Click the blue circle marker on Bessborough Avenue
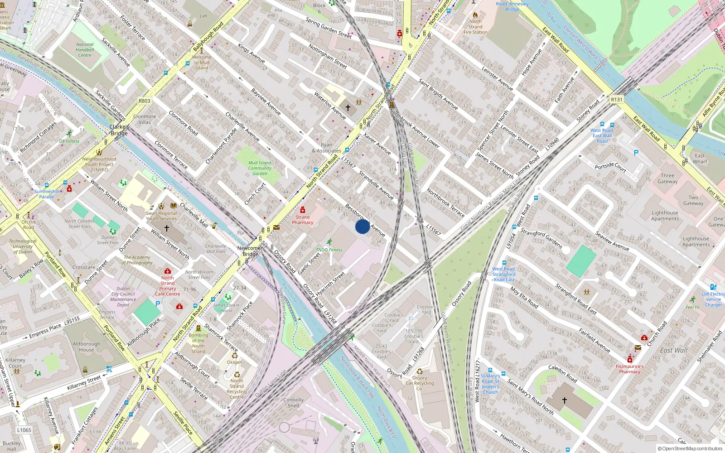(x=362, y=226)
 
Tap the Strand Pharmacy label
(x=302, y=220)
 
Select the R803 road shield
(x=145, y=101)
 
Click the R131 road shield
(x=616, y=100)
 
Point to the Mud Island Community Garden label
(x=260, y=168)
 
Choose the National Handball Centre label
(x=85, y=50)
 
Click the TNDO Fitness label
(x=329, y=250)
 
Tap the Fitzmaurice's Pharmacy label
(x=629, y=369)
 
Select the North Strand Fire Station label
(x=475, y=27)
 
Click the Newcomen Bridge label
(x=250, y=251)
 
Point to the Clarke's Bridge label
(x=119, y=130)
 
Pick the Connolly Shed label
(x=294, y=403)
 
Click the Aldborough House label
(x=87, y=347)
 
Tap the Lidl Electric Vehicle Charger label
(x=713, y=299)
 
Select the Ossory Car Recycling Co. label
(x=420, y=383)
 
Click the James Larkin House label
(x=226, y=308)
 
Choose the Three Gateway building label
(x=667, y=178)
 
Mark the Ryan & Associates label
(x=327, y=148)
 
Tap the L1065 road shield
(x=24, y=430)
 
